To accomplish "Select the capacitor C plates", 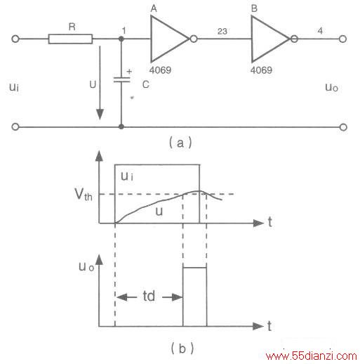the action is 121,79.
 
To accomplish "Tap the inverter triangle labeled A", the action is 169,39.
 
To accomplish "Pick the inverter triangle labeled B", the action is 270,39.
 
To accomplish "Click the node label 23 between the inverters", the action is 222,32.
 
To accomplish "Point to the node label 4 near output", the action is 320,31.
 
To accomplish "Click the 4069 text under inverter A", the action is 160,70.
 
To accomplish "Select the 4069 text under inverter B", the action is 261,70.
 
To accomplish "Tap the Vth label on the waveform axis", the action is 84,195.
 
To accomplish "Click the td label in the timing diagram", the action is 149,296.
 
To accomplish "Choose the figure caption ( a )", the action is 180,143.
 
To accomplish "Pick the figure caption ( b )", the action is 182,348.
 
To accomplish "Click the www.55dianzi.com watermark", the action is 312,356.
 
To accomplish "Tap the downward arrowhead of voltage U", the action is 100,114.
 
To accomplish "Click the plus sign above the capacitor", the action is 129,71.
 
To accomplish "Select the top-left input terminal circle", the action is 15,39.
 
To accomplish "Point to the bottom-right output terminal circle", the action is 343,127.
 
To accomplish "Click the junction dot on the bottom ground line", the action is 121,126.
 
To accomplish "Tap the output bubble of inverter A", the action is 194,39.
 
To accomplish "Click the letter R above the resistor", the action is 72,27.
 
